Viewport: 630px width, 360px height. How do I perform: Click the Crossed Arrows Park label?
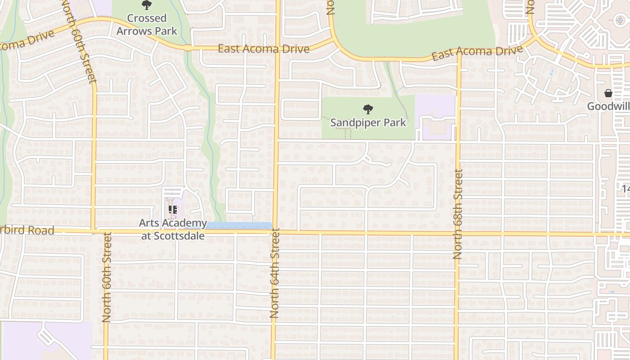[x=147, y=25]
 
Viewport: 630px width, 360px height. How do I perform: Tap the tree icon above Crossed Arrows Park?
[x=146, y=5]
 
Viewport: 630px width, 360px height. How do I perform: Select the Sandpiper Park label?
[x=368, y=122]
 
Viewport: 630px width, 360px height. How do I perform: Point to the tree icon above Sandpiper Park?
[x=368, y=109]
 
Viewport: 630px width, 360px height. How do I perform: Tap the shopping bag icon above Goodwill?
[x=608, y=93]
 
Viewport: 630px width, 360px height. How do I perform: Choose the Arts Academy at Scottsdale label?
[x=173, y=229]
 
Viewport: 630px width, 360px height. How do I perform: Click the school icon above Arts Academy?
[x=173, y=209]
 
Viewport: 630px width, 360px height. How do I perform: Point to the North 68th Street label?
[x=458, y=214]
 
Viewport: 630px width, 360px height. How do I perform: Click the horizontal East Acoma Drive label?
[x=264, y=49]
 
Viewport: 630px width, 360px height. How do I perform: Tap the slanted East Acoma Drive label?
[x=477, y=52]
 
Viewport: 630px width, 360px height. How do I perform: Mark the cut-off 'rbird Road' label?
[x=27, y=230]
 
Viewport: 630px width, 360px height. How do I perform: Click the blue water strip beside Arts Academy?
[x=238, y=225]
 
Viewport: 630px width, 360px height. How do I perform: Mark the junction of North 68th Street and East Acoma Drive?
[x=459, y=55]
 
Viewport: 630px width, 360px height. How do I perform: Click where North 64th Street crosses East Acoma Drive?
[x=277, y=48]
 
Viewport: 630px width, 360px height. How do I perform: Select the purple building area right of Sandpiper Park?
[x=436, y=117]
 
